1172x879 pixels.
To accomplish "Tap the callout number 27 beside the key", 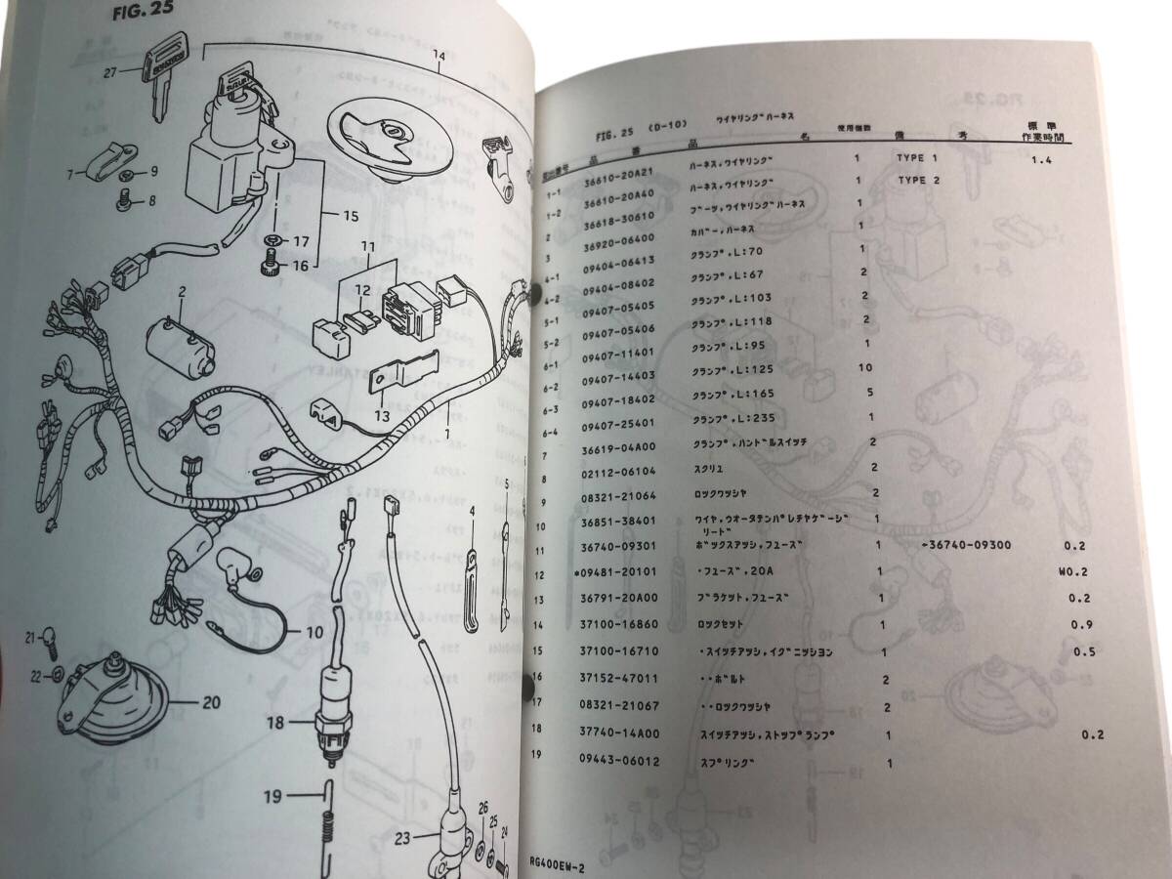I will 110,72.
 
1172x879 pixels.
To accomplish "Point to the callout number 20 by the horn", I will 212,700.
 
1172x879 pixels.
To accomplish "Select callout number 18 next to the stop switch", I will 275,724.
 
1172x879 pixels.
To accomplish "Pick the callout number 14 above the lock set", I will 439,56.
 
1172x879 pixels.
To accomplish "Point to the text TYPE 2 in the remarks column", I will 917,181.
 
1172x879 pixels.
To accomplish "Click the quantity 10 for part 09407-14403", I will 863,367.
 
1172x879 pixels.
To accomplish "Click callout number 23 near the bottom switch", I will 402,836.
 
